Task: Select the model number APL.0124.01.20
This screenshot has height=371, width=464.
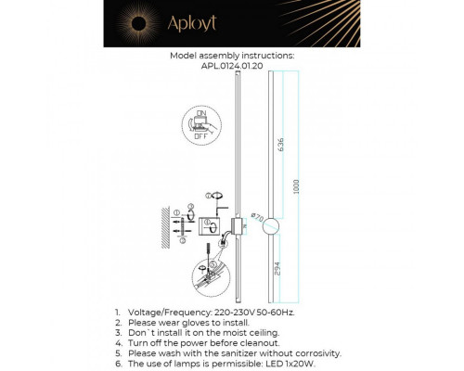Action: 232,67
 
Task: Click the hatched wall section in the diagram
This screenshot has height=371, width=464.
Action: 164,228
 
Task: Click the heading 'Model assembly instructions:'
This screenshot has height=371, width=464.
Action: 232,56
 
